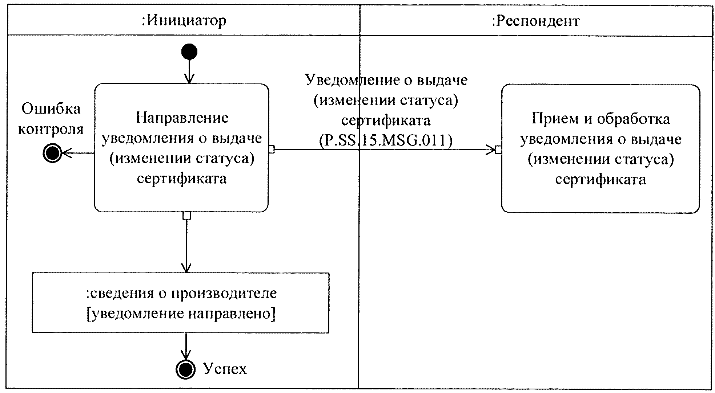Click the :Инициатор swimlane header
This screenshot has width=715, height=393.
tap(184, 21)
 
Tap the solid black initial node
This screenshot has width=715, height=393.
tap(189, 52)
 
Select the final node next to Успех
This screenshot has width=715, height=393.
tap(185, 369)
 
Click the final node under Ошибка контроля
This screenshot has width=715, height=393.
tap(52, 153)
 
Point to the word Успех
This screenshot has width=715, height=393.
tap(225, 369)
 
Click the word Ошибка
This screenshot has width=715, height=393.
tap(51, 109)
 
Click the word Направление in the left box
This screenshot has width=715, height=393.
tap(182, 118)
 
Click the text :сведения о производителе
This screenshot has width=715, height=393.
tap(181, 293)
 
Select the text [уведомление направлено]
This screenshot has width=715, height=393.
tap(181, 314)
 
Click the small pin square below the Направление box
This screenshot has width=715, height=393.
tap(186, 216)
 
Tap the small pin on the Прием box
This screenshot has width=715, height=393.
tap(498, 150)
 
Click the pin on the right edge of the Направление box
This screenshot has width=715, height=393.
tap(271, 149)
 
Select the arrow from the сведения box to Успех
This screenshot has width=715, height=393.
tap(186, 347)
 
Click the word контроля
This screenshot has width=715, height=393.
tap(51, 129)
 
